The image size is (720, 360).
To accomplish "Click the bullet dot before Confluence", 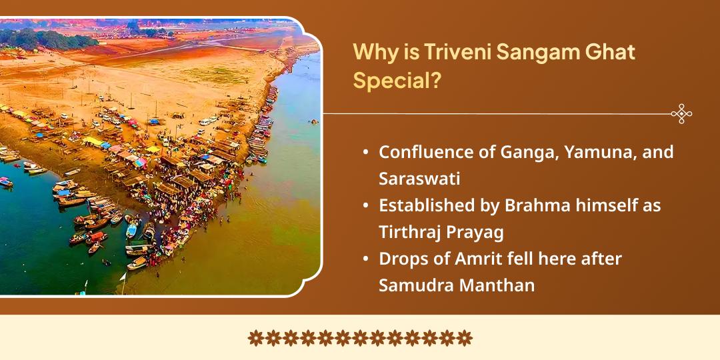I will tap(366, 153).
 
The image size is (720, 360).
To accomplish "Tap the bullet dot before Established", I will tap(366, 206).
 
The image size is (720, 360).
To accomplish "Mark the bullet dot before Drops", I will tap(366, 259).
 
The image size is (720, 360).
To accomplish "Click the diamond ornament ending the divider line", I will tap(681, 114).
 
